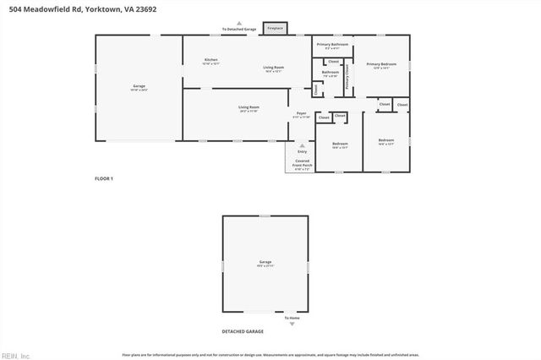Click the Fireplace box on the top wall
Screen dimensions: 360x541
275,28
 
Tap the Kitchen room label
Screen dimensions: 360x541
211,61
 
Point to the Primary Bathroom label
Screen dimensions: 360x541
332,45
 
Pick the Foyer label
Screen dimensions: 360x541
301,114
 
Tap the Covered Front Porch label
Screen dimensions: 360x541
302,162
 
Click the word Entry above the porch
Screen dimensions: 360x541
302,151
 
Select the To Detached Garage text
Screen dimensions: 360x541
238,29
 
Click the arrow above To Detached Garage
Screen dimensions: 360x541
238,23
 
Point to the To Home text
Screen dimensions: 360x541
292,318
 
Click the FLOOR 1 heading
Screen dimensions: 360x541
103,178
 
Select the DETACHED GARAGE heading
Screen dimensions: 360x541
243,331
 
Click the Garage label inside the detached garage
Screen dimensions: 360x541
265,263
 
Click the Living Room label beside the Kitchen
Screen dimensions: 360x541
273,68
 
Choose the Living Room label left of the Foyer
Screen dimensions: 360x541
248,108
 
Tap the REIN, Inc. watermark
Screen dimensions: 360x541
15,355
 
